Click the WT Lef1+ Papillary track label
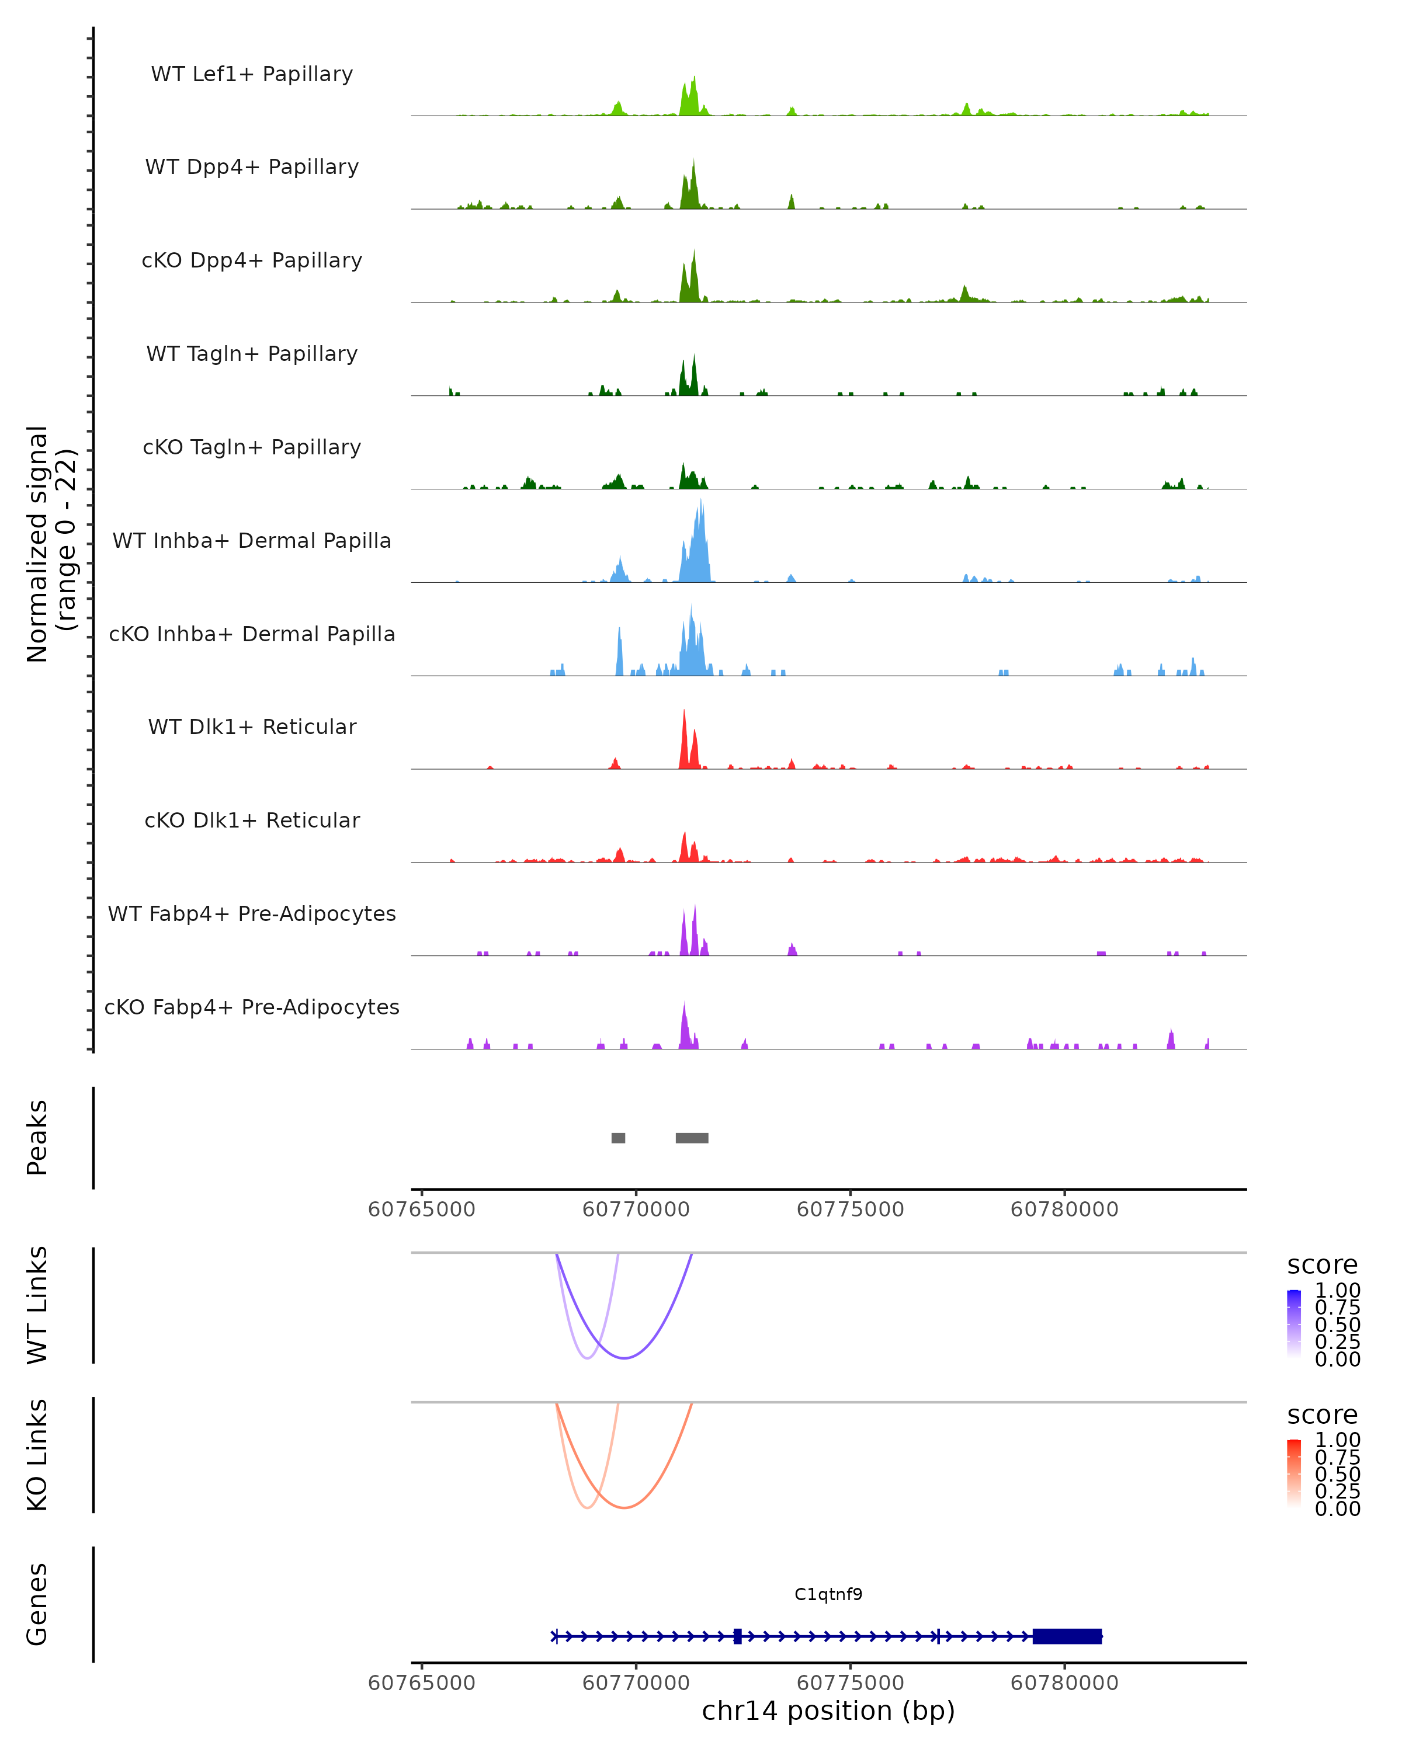(252, 74)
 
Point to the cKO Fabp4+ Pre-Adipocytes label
(252, 1007)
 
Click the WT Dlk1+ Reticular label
(252, 726)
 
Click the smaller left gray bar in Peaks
(619, 1138)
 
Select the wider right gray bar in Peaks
(692, 1138)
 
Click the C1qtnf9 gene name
(828, 1594)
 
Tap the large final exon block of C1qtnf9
(1067, 1636)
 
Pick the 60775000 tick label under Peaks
(850, 1209)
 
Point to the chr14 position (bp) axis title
(828, 1711)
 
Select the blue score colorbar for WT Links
(1294, 1324)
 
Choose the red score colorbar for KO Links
(1294, 1473)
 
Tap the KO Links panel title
(37, 1455)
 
